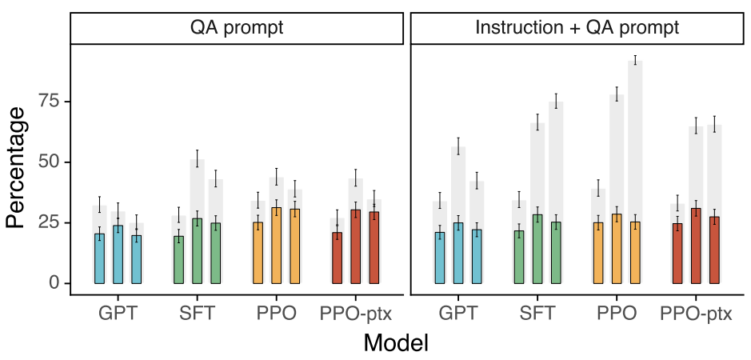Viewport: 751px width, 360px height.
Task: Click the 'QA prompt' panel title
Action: (x=237, y=28)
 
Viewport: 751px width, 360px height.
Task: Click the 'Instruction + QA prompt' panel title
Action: (x=577, y=28)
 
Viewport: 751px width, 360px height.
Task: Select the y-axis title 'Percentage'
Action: (x=15, y=168)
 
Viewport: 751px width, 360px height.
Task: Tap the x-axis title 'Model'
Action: (x=396, y=342)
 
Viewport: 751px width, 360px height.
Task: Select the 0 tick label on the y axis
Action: (x=55, y=283)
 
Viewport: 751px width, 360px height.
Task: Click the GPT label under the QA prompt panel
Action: (x=118, y=314)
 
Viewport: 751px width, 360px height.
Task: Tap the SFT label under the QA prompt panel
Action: (x=198, y=314)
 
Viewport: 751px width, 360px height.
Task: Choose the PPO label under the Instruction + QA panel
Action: (x=617, y=314)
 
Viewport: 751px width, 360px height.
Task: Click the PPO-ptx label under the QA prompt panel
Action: (x=356, y=314)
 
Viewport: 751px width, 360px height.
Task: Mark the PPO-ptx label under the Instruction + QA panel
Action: (x=697, y=314)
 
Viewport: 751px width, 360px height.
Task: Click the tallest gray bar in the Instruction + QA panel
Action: (x=635, y=172)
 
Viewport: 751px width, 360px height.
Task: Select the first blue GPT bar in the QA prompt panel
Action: (x=100, y=258)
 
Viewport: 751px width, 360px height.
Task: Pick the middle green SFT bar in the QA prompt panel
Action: (x=198, y=250)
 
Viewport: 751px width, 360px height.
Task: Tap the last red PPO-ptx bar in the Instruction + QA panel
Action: (x=714, y=250)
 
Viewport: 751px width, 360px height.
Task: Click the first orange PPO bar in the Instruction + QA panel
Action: (x=599, y=253)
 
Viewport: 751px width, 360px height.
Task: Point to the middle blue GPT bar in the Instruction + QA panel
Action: (x=458, y=253)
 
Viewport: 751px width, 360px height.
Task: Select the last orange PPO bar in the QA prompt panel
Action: (x=294, y=246)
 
